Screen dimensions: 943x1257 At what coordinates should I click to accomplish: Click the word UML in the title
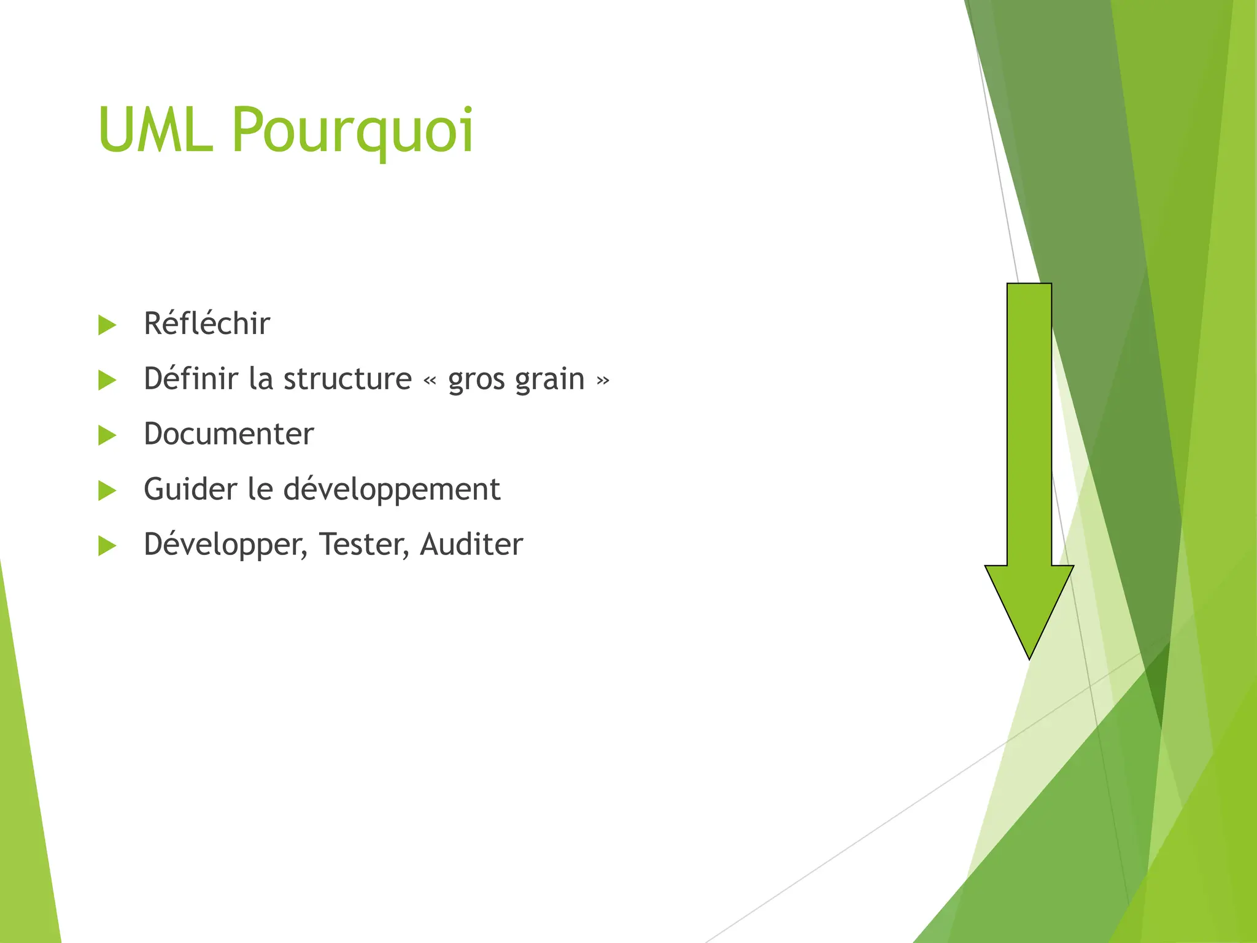tap(155, 130)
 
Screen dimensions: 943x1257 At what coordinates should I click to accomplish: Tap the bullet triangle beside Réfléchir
tap(107, 325)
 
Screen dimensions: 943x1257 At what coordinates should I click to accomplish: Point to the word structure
tap(347, 379)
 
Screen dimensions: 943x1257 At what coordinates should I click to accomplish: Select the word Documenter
tap(229, 434)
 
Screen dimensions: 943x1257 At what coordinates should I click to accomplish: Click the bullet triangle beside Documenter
tap(107, 435)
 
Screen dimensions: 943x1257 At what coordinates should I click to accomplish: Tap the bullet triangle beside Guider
tap(107, 491)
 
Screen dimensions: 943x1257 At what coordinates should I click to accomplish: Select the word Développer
tap(225, 545)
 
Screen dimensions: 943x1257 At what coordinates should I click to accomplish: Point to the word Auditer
tap(471, 545)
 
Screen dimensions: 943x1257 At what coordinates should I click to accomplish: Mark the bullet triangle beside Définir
tap(107, 380)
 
